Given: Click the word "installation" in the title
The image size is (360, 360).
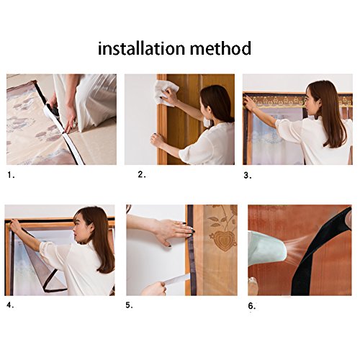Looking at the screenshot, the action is coord(142,48).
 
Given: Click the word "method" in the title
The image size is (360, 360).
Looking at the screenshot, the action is coord(220,48).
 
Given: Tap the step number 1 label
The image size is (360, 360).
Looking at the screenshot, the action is coord(11,175).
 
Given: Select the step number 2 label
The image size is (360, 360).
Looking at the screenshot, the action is coord(142,174).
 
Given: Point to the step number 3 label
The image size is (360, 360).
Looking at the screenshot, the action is coord(248,176).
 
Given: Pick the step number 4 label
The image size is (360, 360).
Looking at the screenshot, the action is coord(10,305).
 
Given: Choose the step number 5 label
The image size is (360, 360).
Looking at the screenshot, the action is coord(129,305).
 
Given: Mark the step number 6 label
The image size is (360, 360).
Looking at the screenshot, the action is coord(252,306).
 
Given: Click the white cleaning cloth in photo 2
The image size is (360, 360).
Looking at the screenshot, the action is coord(166,93).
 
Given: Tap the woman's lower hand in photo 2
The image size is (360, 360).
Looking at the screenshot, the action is coord(157,140).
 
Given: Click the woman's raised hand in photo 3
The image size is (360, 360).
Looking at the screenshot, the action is coord(250,104).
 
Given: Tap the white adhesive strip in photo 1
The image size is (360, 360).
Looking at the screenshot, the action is coord(63,135).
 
